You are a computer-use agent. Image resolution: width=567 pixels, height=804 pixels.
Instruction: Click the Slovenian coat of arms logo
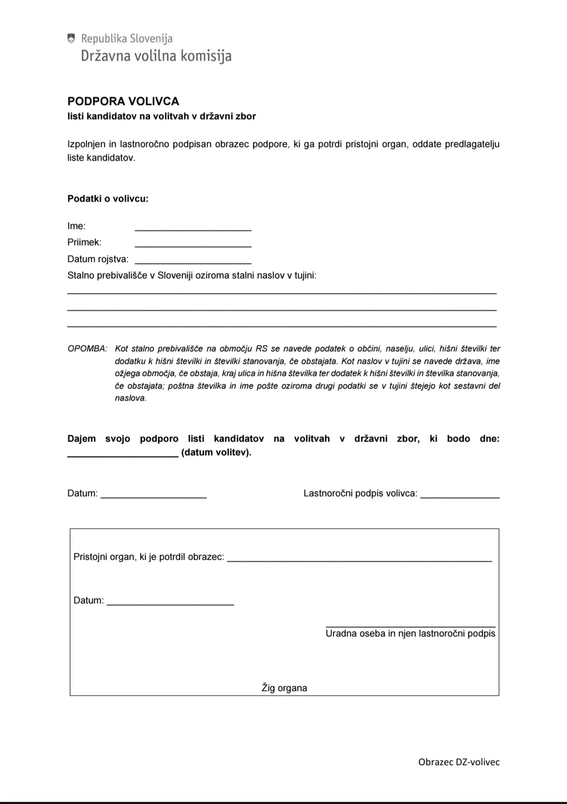click(x=71, y=38)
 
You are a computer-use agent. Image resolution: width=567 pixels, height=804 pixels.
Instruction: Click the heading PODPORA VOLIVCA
click(x=123, y=101)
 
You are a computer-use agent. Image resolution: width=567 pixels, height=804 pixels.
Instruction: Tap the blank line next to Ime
click(x=193, y=228)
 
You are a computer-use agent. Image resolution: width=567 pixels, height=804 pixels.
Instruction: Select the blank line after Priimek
click(x=193, y=244)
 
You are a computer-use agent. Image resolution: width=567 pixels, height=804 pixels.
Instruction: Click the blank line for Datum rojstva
click(x=193, y=261)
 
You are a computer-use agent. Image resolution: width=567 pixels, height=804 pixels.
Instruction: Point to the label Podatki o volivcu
click(x=108, y=199)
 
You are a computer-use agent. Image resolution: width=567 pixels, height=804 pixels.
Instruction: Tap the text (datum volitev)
click(x=216, y=452)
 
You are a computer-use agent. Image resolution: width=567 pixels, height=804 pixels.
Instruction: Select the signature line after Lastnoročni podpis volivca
click(x=460, y=495)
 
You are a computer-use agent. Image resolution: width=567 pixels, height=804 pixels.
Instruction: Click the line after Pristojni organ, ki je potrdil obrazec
click(x=359, y=559)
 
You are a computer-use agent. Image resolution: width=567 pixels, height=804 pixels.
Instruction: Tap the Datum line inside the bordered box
click(x=170, y=603)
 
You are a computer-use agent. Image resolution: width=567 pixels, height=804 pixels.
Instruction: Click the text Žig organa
click(x=284, y=688)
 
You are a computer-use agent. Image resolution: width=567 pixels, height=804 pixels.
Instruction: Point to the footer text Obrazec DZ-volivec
click(x=459, y=762)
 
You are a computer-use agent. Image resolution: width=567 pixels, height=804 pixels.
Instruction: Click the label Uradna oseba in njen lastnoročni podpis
click(x=410, y=633)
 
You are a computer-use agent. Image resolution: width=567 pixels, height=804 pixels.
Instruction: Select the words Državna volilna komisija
click(x=156, y=56)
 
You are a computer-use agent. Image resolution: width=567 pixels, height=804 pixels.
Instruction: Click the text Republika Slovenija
click(x=127, y=38)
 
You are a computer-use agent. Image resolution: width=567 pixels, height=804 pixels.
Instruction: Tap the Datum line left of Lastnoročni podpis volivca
click(x=153, y=495)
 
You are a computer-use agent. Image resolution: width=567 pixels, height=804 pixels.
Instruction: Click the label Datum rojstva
click(x=98, y=259)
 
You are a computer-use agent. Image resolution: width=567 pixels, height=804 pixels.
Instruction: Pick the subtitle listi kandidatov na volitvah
click(x=161, y=116)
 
